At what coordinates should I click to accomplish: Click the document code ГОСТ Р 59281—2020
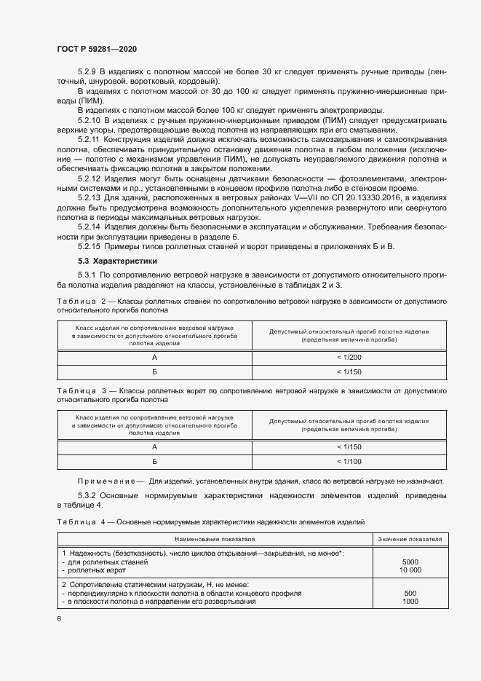point(96,49)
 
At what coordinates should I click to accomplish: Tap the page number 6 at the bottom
point(59,619)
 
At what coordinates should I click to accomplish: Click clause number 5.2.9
point(87,72)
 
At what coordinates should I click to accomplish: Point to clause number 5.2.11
point(90,138)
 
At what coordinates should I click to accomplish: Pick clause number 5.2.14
point(90,226)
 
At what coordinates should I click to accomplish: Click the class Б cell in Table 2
point(154,371)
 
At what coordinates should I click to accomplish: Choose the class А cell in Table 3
point(154,447)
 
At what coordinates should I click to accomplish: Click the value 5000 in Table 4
point(410,562)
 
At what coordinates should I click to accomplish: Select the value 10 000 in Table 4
point(410,571)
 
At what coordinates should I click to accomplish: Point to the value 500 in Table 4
point(410,593)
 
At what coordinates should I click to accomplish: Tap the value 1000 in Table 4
point(410,602)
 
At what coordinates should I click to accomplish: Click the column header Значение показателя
point(410,539)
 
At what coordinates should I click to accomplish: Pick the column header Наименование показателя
point(215,539)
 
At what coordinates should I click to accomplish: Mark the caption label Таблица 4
point(76,522)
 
